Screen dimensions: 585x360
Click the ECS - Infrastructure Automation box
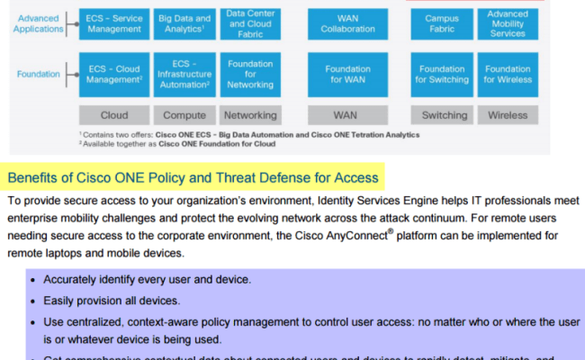(184, 74)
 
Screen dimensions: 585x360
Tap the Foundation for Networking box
(250, 74)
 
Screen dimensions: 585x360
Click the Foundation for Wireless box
(508, 74)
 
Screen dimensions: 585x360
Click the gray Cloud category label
(114, 115)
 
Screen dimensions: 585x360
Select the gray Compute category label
(184, 115)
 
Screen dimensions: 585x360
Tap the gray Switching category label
(445, 115)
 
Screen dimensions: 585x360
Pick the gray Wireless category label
(508, 115)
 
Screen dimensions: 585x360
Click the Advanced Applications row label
(39, 22)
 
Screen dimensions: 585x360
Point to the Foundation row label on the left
(39, 75)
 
